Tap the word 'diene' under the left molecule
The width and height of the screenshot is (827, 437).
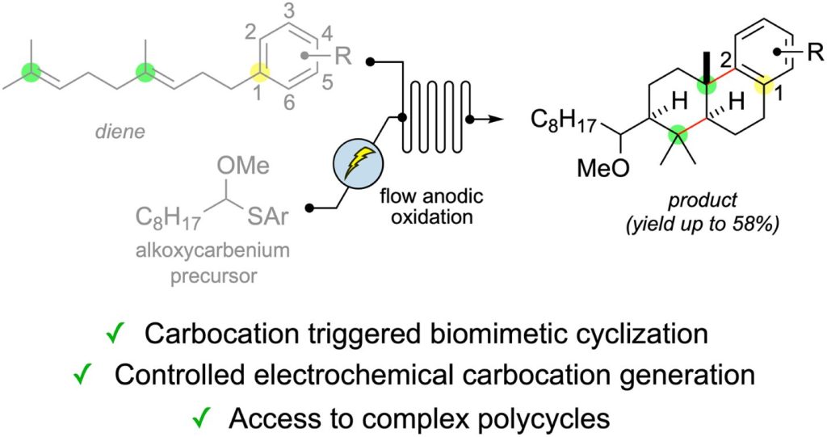[x=121, y=132]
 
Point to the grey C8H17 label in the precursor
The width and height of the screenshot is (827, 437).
[x=168, y=218]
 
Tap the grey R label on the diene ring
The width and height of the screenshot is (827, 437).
[x=343, y=56]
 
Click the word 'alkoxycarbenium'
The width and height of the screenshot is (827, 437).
[x=212, y=250]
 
